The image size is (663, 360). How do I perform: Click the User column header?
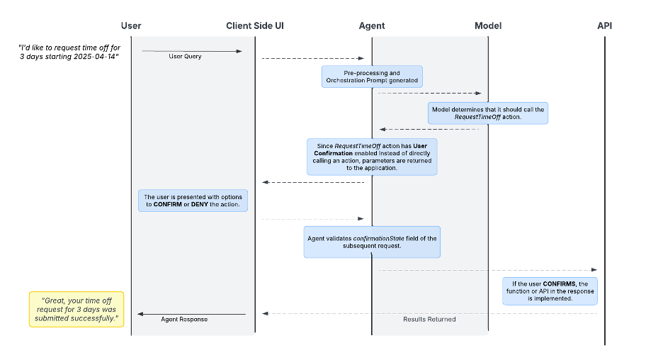pyautogui.click(x=131, y=26)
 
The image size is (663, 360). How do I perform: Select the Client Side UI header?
pyautogui.click(x=255, y=26)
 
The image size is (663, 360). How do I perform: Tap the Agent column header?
pyautogui.click(x=372, y=26)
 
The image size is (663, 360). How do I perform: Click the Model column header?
pyautogui.click(x=488, y=26)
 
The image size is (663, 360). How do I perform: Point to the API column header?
pyautogui.click(x=604, y=26)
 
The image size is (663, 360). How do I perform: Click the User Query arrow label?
pyautogui.click(x=185, y=57)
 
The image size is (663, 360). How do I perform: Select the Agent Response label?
pyautogui.click(x=185, y=320)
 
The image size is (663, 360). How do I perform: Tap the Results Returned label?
pyautogui.click(x=429, y=320)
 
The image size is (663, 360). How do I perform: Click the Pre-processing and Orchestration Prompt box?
pyautogui.click(x=372, y=77)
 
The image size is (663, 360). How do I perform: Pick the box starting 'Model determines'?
pyautogui.click(x=489, y=113)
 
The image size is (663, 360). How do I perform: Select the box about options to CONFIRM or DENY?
pyautogui.click(x=193, y=201)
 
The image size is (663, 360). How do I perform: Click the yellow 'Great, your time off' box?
pyautogui.click(x=76, y=309)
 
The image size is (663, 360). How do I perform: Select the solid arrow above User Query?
pyautogui.click(x=191, y=51)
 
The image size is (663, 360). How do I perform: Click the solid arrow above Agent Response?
pyautogui.click(x=191, y=314)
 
